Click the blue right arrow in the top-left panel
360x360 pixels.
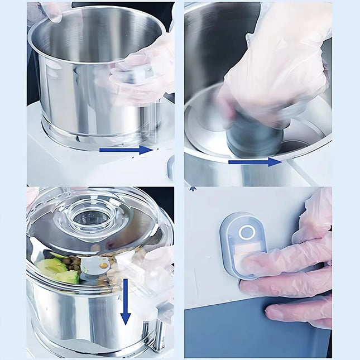126,150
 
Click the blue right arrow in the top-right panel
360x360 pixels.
255,162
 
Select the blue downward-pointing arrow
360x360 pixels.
126,302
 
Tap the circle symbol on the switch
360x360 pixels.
247,232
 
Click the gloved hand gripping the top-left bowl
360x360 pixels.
142,73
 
